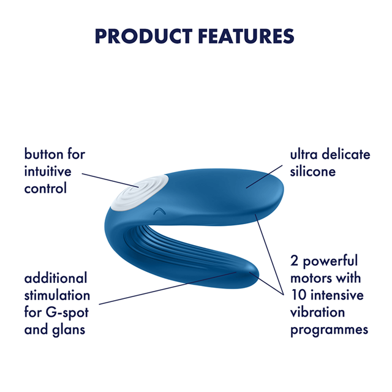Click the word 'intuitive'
pyautogui.click(x=48, y=171)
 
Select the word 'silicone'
pyautogui.click(x=313, y=171)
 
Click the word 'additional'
pyautogui.click(x=56, y=278)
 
